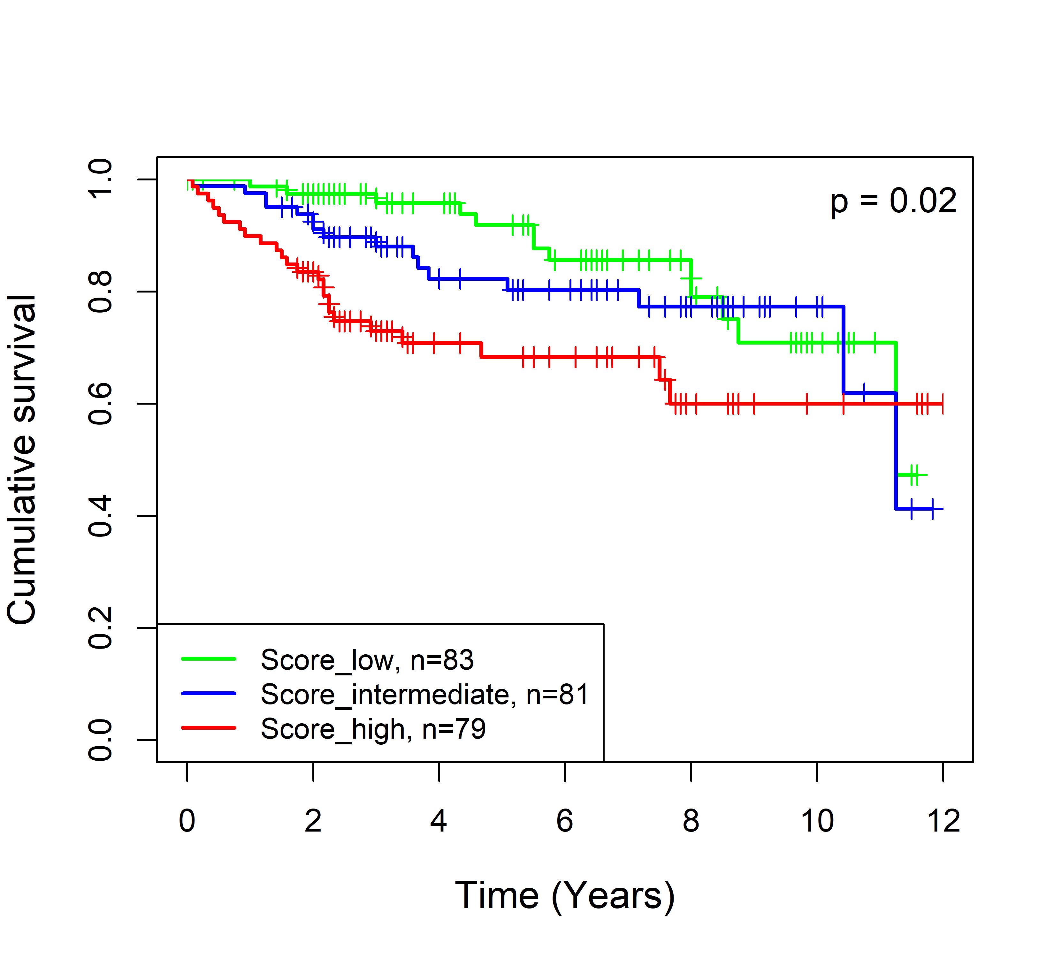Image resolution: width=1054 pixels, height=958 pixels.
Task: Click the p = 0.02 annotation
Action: [893, 202]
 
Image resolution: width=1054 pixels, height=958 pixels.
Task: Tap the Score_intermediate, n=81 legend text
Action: [424, 695]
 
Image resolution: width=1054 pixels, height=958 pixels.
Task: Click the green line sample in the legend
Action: [209, 659]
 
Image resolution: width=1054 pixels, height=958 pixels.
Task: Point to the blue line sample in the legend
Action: [209, 694]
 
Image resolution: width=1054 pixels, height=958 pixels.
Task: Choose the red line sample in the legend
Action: [209, 727]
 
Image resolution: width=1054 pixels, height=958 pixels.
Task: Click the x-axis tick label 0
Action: [187, 821]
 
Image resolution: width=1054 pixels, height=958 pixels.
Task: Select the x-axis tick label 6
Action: [565, 821]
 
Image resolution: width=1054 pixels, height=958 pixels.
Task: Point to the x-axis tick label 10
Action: [817, 821]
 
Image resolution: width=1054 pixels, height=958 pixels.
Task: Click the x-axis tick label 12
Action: [943, 821]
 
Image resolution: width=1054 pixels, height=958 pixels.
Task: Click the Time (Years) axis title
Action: [565, 896]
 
